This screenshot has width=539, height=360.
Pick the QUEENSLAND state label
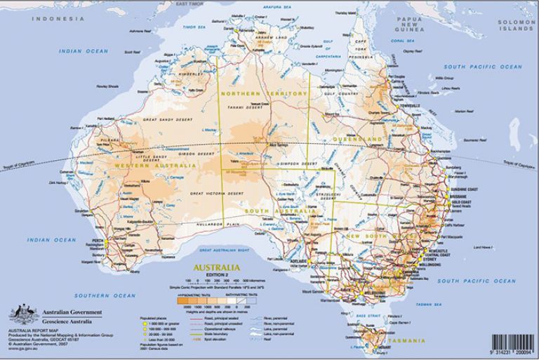pos(359,140)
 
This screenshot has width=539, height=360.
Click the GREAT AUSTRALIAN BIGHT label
pos(225,249)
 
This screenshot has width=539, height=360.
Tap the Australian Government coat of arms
pos(20,314)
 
